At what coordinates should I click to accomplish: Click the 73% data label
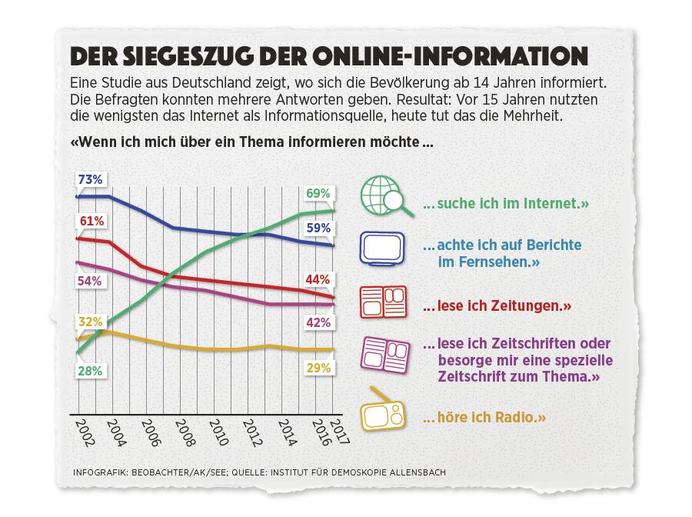(x=90, y=179)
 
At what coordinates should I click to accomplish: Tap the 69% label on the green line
(x=318, y=192)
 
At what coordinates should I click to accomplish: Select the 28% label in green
(x=90, y=371)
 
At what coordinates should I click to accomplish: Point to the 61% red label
(x=90, y=222)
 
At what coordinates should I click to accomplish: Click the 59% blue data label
(x=318, y=228)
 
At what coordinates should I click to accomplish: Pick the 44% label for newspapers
(x=318, y=279)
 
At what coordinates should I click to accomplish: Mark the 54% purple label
(x=90, y=281)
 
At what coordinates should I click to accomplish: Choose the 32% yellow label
(x=90, y=322)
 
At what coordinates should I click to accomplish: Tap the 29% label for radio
(x=318, y=369)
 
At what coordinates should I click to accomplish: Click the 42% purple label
(x=318, y=323)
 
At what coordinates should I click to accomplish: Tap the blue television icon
(x=383, y=249)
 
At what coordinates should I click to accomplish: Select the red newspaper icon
(x=383, y=302)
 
